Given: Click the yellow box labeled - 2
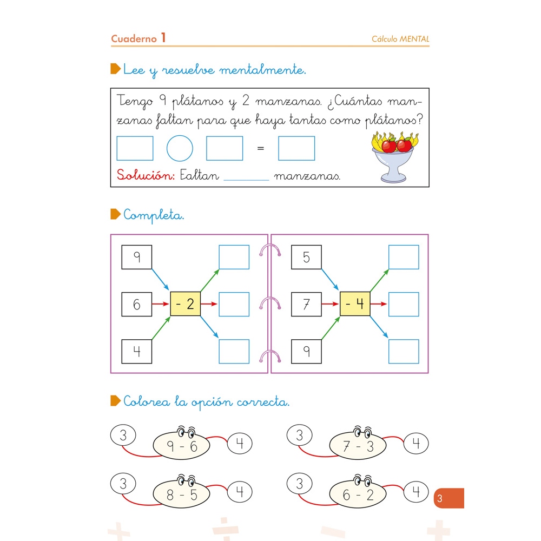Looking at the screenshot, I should click(x=185, y=304).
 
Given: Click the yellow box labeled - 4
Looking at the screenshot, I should click(x=355, y=304).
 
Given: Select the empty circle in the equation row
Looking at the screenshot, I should click(x=180, y=148).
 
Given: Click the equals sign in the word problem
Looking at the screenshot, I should click(x=261, y=148).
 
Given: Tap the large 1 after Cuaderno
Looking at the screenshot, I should click(x=163, y=38).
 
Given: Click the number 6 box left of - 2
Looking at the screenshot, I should click(x=136, y=305).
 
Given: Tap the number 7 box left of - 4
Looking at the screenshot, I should click(x=306, y=305).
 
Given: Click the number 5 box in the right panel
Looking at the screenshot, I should click(x=306, y=257).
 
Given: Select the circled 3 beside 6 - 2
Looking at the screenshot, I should click(x=300, y=483).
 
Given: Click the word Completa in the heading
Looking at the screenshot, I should click(x=154, y=215).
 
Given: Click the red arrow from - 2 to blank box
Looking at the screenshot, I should click(x=209, y=304).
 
